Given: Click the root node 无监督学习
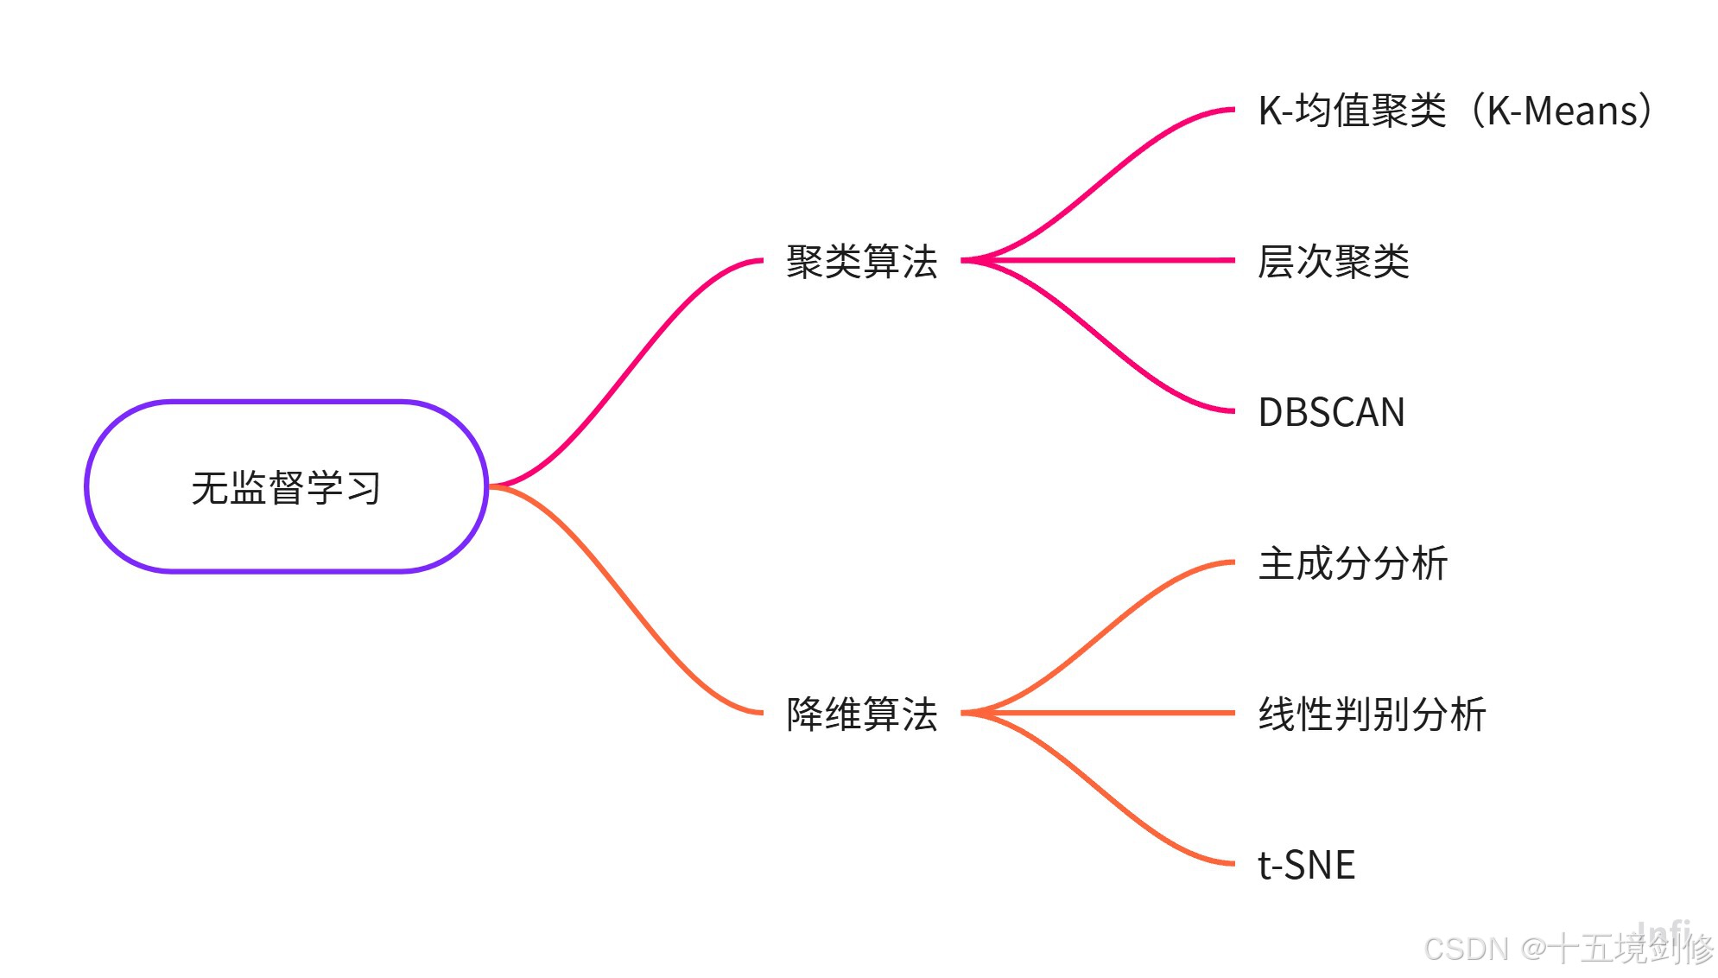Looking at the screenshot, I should click(x=286, y=486).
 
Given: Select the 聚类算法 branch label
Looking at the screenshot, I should click(x=861, y=261).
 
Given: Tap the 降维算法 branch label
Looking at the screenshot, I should click(x=861, y=714).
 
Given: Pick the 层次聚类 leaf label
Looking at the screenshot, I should click(x=1333, y=261).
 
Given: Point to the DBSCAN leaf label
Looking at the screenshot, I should click(x=1331, y=412).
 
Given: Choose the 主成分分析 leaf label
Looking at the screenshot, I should click(x=1353, y=563).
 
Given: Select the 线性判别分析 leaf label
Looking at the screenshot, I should click(x=1372, y=714).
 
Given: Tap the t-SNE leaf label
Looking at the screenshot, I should click(x=1306, y=865).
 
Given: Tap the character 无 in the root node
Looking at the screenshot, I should click(x=210, y=487).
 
